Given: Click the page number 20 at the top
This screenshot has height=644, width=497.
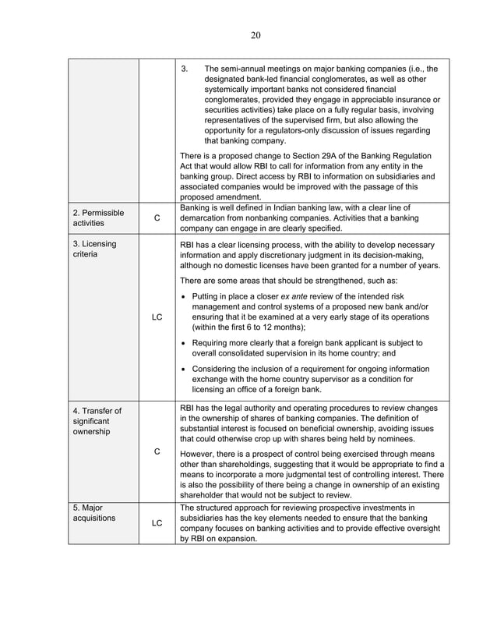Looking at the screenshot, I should (256, 34).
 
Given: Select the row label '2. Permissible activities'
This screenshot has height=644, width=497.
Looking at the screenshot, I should (97, 218).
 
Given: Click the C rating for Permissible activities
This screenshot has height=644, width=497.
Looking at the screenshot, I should (157, 219).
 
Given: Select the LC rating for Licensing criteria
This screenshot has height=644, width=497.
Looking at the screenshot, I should (157, 317).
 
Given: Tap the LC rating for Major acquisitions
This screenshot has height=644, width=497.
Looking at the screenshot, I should (157, 522).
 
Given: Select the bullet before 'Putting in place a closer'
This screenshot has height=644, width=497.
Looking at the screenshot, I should (182, 297).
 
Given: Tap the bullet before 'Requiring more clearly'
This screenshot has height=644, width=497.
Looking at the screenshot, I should (182, 342).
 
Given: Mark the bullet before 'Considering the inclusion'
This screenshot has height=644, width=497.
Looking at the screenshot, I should (182, 369).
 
